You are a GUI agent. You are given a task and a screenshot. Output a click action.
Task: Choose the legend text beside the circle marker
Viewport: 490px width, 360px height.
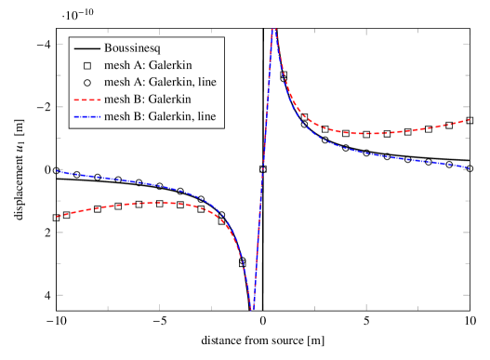click(x=160, y=82)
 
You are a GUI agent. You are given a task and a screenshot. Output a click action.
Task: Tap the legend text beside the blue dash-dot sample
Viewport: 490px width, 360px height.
click(x=160, y=115)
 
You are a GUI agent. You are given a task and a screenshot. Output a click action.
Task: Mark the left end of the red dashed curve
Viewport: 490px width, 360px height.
click(x=58, y=217)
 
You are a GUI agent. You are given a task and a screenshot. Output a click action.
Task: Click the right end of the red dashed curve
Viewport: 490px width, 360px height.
click(x=469, y=119)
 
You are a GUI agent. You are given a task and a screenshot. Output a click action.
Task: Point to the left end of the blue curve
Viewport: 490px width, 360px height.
click(x=58, y=170)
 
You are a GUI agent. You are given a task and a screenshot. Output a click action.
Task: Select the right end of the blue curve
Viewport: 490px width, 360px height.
click(x=469, y=167)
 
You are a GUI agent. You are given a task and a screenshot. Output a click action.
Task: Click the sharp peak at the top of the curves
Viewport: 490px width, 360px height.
click(x=273, y=30)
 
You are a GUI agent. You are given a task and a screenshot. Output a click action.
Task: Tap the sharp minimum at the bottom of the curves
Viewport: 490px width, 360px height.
click(x=252, y=309)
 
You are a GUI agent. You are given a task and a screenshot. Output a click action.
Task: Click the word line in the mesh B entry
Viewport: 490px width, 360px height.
click(x=207, y=115)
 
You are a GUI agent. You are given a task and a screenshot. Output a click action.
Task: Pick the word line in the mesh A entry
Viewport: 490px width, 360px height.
click(x=207, y=82)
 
